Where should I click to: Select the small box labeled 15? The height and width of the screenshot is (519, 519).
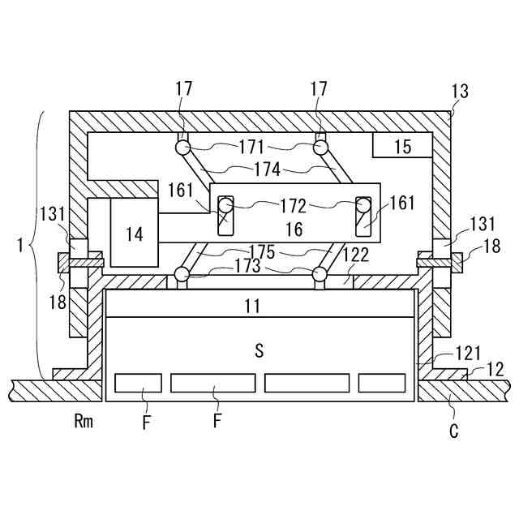402,147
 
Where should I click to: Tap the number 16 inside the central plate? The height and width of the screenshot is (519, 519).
294,229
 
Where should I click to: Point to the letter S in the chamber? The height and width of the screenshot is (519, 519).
259,350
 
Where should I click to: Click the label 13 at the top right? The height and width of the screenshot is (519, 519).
460,92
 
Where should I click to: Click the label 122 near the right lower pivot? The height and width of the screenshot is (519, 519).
356,255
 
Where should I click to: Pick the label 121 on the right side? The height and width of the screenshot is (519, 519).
445,353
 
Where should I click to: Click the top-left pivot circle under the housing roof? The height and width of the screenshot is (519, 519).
181,148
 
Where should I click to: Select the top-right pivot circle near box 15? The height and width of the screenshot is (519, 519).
321,148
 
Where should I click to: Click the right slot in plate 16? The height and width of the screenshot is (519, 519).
362,215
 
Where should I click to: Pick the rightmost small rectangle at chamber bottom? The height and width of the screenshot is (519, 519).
382,383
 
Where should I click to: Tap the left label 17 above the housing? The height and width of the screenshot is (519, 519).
183,89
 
